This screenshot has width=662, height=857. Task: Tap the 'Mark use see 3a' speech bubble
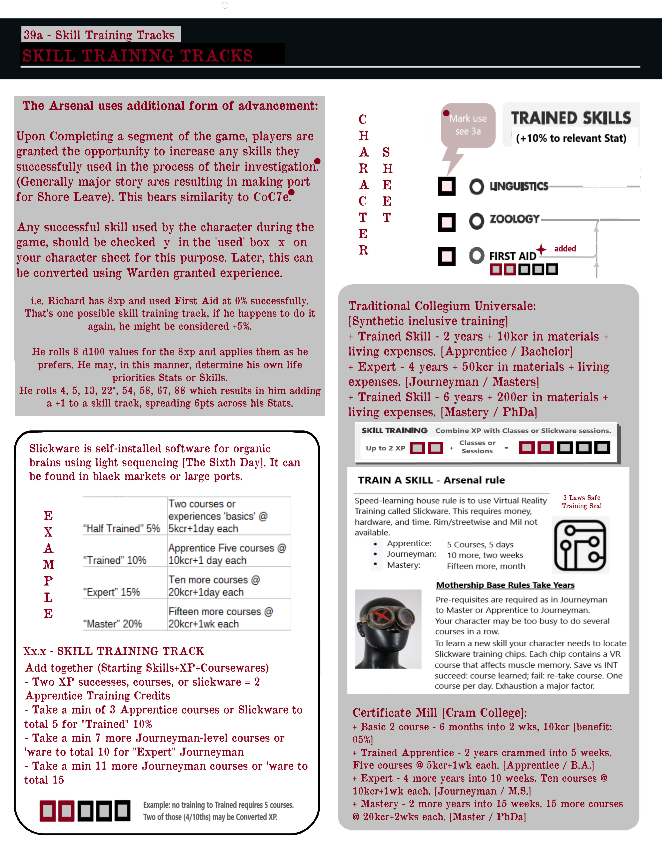[x=468, y=126]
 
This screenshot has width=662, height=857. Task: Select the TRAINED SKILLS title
[x=571, y=118]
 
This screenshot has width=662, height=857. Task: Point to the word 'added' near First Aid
[x=565, y=248]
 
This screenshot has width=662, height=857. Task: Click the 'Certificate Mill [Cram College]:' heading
[x=440, y=713]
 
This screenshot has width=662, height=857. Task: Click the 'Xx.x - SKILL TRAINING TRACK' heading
[x=114, y=651]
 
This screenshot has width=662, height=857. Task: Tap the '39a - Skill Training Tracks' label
[x=99, y=35]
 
